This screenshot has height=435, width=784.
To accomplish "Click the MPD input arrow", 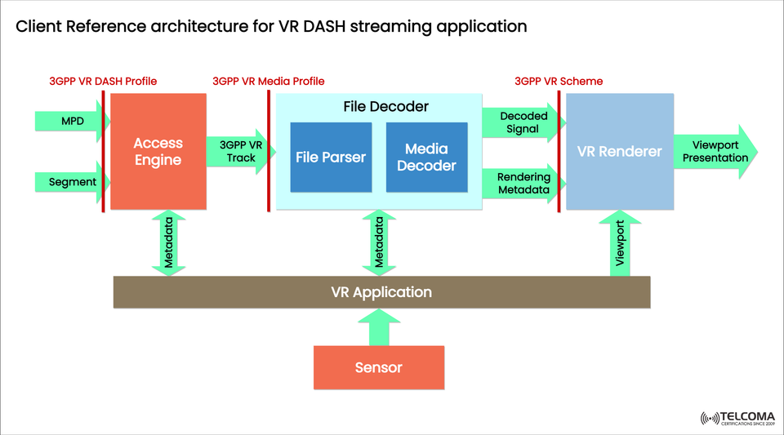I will [71, 122].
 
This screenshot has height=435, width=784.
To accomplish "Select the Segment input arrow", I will [72, 182].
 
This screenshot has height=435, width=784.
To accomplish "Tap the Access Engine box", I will [158, 152].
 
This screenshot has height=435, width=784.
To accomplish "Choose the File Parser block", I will [331, 157].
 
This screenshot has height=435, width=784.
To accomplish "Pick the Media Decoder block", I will [426, 157].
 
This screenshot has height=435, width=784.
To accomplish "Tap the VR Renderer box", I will [619, 152].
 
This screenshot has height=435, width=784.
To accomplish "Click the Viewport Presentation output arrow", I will [715, 152].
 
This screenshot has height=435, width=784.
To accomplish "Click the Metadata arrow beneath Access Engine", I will [169, 243].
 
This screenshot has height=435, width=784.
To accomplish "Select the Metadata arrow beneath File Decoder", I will [379, 243].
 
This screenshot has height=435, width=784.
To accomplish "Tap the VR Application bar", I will [381, 292].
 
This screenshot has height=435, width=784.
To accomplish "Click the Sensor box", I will [379, 367].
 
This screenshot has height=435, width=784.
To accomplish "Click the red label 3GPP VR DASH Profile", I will [103, 81].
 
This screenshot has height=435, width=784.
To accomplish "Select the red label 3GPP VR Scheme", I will [559, 81].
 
